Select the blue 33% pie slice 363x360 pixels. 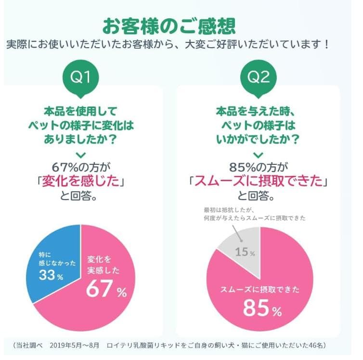point(53,260)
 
